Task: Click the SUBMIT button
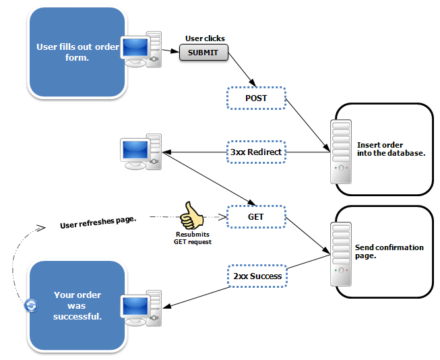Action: [x=203, y=53]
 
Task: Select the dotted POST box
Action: [x=256, y=98]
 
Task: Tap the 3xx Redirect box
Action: [x=256, y=152]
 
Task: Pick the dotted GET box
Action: [x=256, y=217]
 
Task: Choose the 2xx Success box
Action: [x=256, y=276]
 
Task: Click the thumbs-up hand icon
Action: [x=191, y=216]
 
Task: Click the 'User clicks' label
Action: [x=205, y=38]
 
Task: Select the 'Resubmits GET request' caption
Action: [x=193, y=238]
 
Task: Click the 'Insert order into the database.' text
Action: [x=390, y=149]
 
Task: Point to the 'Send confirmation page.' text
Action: [x=389, y=251]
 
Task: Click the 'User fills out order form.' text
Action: [x=77, y=53]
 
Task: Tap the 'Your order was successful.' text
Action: [x=77, y=305]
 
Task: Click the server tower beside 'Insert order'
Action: [x=340, y=152]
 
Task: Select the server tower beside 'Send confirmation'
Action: [x=340, y=253]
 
